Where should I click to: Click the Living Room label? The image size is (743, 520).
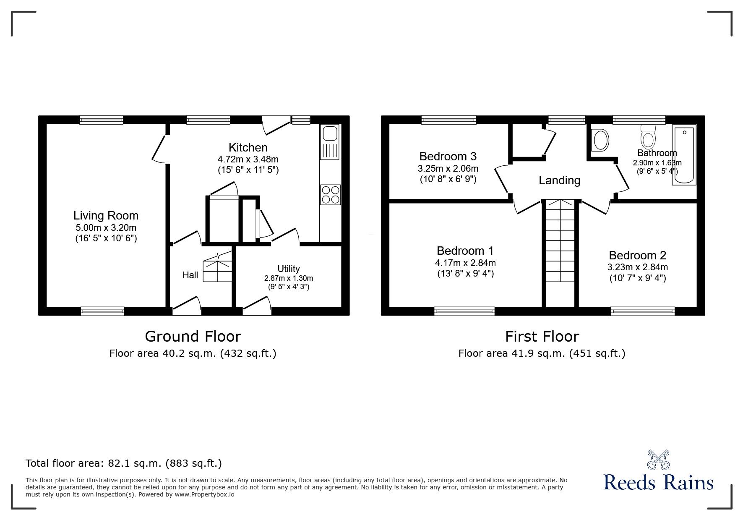click(106, 216)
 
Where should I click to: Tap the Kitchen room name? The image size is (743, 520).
click(248, 148)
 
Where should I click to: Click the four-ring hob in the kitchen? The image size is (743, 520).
click(330, 195)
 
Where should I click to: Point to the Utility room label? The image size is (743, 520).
click(289, 269)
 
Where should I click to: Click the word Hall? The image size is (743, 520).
click(190, 275)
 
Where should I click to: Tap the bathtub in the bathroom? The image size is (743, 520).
click(684, 154)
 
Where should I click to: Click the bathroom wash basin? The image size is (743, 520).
click(600, 140)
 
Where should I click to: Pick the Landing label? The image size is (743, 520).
click(559, 180)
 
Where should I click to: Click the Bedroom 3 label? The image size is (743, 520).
click(448, 157)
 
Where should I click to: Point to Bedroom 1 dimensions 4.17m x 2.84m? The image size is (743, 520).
click(465, 263)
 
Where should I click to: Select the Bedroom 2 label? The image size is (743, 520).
click(637, 255)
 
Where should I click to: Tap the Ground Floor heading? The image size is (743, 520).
click(193, 337)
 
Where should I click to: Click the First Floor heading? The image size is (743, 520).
click(542, 337)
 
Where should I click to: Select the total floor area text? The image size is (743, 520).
click(124, 463)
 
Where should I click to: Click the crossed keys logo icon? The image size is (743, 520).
click(659, 459)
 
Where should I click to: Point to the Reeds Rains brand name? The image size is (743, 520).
click(659, 483)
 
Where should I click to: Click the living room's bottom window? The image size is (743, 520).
click(102, 311)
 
